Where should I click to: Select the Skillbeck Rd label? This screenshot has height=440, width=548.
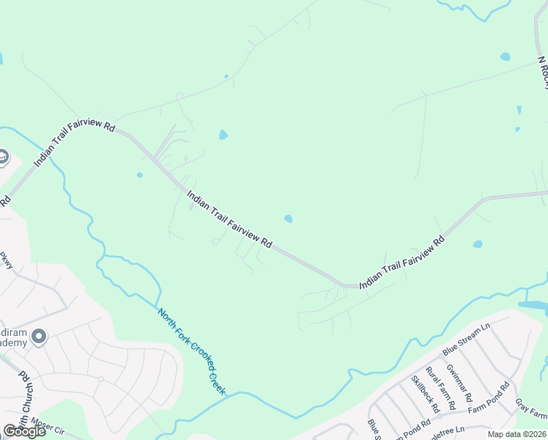(x=424, y=393)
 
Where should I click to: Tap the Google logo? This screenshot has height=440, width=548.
(x=25, y=431)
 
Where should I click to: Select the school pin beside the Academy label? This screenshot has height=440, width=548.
(x=39, y=337)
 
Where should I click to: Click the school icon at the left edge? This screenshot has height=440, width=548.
(x=3, y=158)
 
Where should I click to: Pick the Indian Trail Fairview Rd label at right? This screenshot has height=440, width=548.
(x=402, y=262)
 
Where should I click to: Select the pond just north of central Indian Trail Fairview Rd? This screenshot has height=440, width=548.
(x=289, y=219)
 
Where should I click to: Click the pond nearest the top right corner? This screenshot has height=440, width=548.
(x=505, y=56)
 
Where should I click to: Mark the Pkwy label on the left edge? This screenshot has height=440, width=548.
(x=7, y=260)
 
